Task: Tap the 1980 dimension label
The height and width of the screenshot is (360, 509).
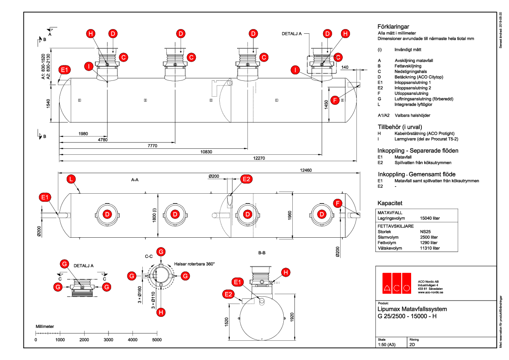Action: [x=83, y=134]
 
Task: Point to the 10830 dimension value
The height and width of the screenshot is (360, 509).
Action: [x=207, y=152]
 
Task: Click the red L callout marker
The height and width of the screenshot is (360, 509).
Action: [x=72, y=179]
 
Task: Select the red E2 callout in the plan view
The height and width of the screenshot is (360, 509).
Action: [x=247, y=179]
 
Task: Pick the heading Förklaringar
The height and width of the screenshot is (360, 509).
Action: [x=394, y=26]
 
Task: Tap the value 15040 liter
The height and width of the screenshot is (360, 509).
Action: [x=430, y=218]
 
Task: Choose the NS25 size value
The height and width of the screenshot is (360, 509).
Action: [x=425, y=231]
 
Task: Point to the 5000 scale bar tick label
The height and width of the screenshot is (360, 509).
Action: [x=157, y=340]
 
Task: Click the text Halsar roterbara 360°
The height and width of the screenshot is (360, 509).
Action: [x=194, y=264]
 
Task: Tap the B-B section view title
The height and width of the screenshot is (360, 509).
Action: [x=262, y=253]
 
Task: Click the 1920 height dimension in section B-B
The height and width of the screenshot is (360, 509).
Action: [x=292, y=317]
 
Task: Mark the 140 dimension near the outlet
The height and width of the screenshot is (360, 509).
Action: [x=345, y=67]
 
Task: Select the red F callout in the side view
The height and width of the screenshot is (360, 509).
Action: [x=335, y=100]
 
